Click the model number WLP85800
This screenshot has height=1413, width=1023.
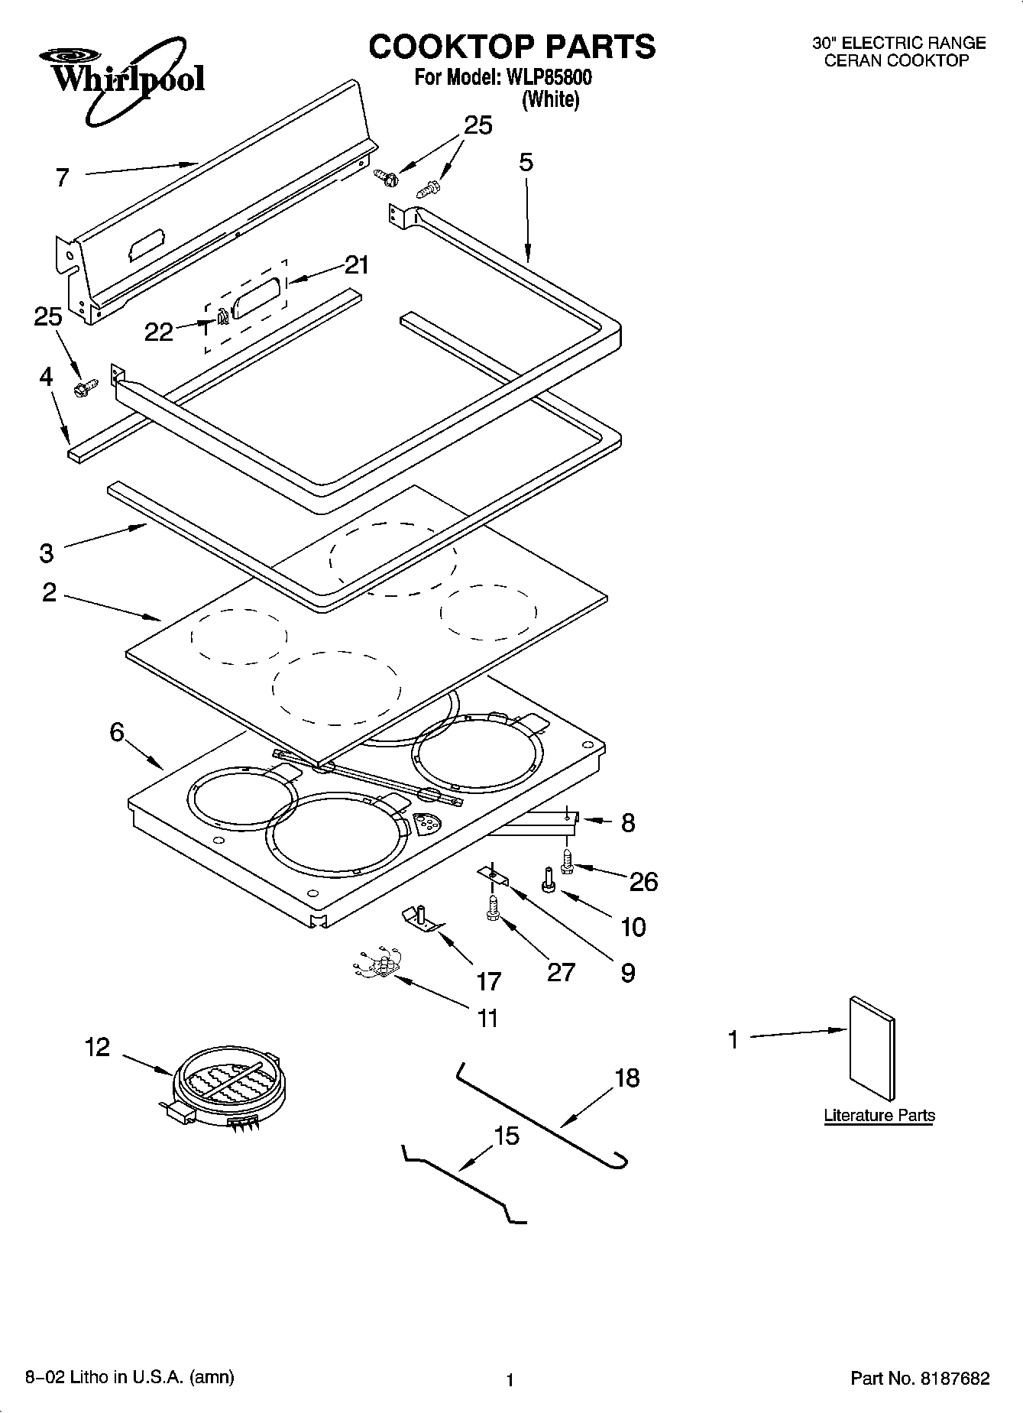544,78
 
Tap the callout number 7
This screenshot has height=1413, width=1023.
63,177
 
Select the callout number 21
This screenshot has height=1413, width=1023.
356,265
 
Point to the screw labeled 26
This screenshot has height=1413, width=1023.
568,863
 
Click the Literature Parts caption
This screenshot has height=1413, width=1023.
879,1115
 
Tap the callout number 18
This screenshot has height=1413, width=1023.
626,1078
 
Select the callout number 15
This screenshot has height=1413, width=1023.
507,1136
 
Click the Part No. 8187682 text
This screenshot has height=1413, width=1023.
920,1379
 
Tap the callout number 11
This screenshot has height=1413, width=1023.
487,1018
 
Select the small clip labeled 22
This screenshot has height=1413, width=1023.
222,317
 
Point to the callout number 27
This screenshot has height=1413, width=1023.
561,971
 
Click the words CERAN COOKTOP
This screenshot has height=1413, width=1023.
895,61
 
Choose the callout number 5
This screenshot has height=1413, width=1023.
526,162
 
